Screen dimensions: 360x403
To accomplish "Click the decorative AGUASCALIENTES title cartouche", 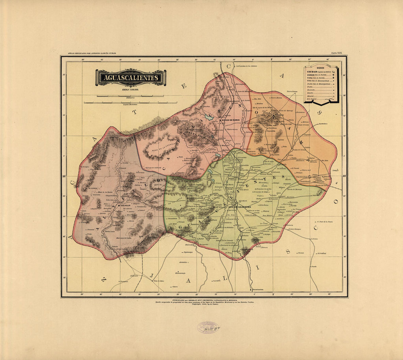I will pos(131,78).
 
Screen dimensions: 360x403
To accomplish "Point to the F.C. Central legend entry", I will pos(313,99).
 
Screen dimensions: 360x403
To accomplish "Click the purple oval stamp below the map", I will pos(207,327).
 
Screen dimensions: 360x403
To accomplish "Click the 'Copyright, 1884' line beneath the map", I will pos(204,304).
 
